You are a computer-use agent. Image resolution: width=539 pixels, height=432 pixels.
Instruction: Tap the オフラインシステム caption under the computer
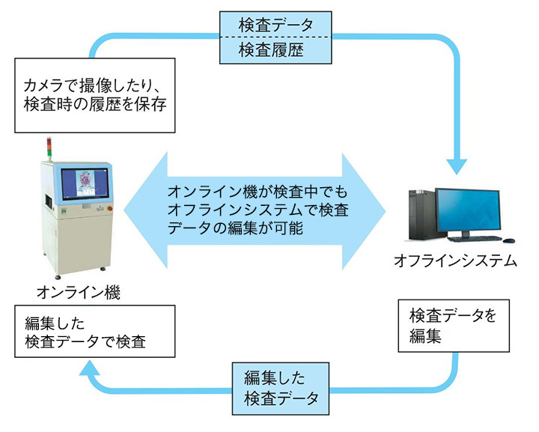pyautogui.click(x=455, y=261)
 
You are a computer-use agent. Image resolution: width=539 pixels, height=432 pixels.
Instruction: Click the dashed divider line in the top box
pyautogui.click(x=272, y=37)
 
